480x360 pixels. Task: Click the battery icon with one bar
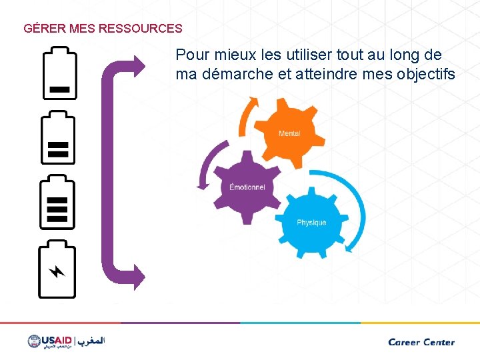pyautogui.click(x=59, y=74)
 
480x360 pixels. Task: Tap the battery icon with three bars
pyautogui.click(x=59, y=201)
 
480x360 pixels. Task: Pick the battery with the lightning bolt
pyautogui.click(x=58, y=270)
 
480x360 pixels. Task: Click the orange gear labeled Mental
pyautogui.click(x=288, y=133)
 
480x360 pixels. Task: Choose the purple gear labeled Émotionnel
pyautogui.click(x=247, y=187)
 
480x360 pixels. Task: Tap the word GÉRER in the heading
pyautogui.click(x=44, y=29)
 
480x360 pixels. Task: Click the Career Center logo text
pyautogui.click(x=421, y=342)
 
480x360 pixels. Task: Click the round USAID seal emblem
pyautogui.click(x=35, y=341)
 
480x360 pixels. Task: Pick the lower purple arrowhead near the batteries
pyautogui.click(x=137, y=276)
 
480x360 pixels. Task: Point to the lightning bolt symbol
pyautogui.click(x=58, y=271)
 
